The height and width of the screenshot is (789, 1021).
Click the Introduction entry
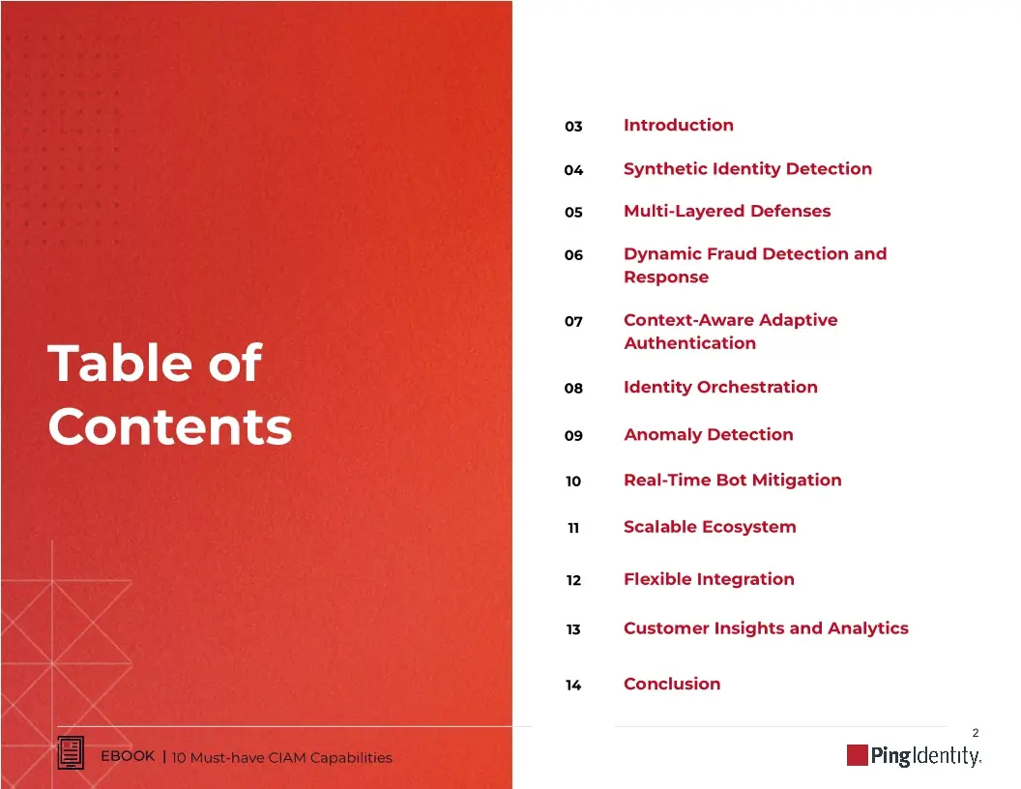(678, 125)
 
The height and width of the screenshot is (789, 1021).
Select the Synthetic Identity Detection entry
(747, 168)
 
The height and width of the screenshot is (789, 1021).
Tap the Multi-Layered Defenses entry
(726, 211)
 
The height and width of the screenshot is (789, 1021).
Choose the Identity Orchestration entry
(720, 387)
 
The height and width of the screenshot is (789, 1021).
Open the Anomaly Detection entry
(708, 434)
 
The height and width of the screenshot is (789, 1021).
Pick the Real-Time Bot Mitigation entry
(732, 480)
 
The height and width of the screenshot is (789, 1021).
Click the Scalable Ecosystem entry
(710, 527)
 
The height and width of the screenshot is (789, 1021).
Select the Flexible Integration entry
(709, 579)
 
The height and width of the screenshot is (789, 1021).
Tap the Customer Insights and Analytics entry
(766, 628)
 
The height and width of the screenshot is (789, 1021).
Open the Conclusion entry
(672, 684)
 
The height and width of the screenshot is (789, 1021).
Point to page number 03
(573, 127)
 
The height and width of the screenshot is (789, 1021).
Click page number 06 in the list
(573, 255)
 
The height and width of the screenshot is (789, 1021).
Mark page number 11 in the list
(573, 528)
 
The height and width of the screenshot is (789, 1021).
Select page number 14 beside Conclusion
(573, 686)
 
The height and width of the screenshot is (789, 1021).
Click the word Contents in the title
(169, 426)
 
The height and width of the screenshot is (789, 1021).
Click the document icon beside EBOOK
(72, 753)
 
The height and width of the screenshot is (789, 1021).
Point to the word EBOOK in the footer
(128, 756)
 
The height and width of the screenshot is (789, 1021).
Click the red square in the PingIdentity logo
(857, 755)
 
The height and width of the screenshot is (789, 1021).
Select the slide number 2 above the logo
(975, 734)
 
